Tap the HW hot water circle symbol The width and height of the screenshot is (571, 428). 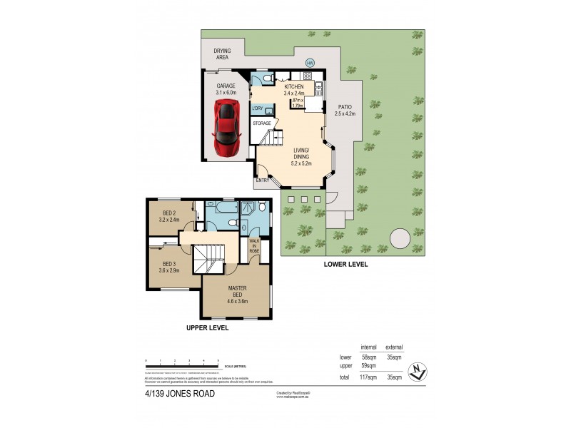310,63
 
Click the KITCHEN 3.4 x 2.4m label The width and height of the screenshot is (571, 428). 293,89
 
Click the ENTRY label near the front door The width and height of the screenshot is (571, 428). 262,180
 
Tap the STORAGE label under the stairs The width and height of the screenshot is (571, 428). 261,123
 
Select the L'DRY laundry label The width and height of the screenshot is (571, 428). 258,108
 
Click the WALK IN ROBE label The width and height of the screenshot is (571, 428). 254,246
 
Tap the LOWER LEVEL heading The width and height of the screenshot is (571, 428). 345,263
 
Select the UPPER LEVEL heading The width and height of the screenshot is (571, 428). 207,327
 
